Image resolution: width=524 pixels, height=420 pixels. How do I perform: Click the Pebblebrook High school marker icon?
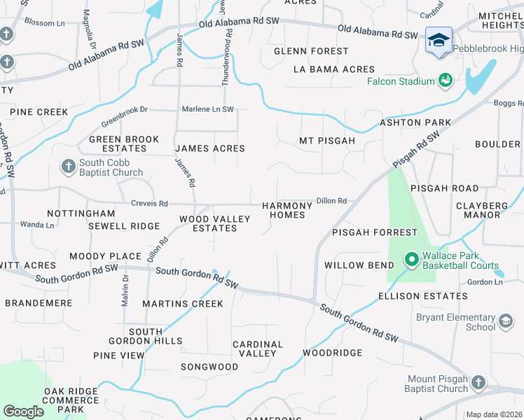[x=439, y=39]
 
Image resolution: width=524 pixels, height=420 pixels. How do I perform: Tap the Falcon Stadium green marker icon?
[x=445, y=81]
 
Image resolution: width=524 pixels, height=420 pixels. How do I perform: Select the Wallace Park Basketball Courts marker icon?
[x=411, y=260]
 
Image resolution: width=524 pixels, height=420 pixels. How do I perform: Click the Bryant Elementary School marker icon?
[x=505, y=322]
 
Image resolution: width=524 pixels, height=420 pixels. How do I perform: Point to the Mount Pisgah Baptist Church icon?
[x=478, y=383]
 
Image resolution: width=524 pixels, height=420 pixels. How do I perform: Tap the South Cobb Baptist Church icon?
[x=68, y=167]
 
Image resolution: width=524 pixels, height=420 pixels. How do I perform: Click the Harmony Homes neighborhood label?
[x=287, y=210]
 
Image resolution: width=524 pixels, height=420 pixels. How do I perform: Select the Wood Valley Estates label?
[x=214, y=223]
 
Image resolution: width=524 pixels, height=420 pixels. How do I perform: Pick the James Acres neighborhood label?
[x=209, y=148]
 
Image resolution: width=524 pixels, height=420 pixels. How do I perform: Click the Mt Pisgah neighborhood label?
[x=327, y=141]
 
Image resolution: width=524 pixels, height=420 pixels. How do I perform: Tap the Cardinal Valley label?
[x=258, y=349]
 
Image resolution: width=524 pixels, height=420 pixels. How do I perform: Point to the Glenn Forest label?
[x=311, y=51]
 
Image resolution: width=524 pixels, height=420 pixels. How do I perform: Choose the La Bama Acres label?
[x=334, y=69]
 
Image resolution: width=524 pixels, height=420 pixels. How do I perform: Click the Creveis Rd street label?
[x=149, y=204]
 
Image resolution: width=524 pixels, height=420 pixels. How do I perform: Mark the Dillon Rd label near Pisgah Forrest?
[x=332, y=201]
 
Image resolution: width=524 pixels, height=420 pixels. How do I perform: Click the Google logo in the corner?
[x=24, y=411]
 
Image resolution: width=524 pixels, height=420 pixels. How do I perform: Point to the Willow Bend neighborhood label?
[x=354, y=265]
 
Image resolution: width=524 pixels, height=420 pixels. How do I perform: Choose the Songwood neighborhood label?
[x=209, y=367]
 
